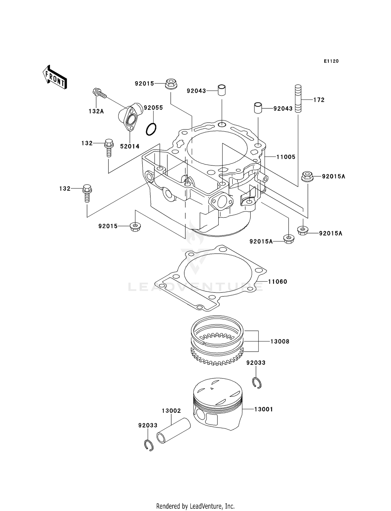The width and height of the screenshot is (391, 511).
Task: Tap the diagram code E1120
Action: tap(331, 61)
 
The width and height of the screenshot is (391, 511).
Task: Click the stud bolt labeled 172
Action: tap(298, 99)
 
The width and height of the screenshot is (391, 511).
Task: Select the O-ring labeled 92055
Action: tap(151, 129)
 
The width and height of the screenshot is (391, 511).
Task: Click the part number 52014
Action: tap(130, 146)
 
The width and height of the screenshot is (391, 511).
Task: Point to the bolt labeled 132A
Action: tap(99, 93)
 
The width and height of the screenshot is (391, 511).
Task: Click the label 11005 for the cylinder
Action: tap(286, 157)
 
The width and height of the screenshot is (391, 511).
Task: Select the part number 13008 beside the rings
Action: tap(280, 341)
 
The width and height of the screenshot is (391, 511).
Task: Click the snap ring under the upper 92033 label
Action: tap(257, 383)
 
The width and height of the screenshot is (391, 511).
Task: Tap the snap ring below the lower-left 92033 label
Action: tap(149, 445)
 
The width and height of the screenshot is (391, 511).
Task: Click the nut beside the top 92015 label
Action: tap(171, 84)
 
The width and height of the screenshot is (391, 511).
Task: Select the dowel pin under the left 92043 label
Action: tap(222, 90)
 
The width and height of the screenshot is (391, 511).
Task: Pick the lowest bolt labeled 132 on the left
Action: tap(87, 193)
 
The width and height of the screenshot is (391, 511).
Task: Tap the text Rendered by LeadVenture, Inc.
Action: tap(195, 506)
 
